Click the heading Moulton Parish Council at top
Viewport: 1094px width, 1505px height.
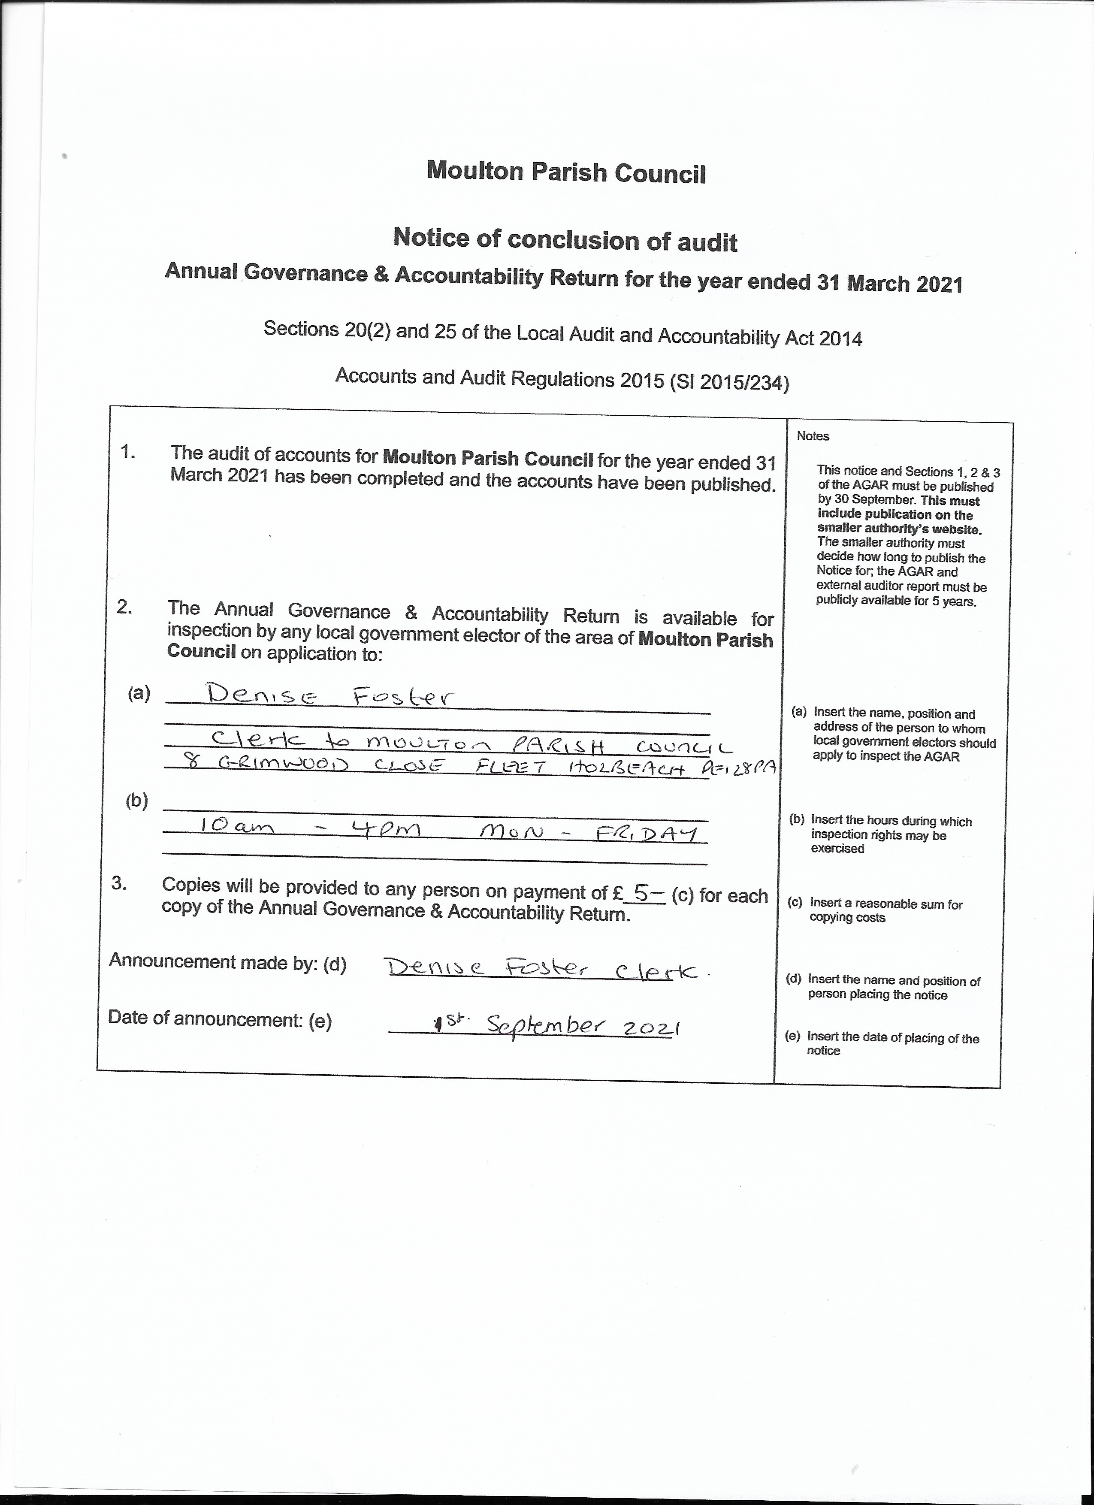[x=566, y=172]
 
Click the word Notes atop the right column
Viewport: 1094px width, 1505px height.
[x=813, y=436]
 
